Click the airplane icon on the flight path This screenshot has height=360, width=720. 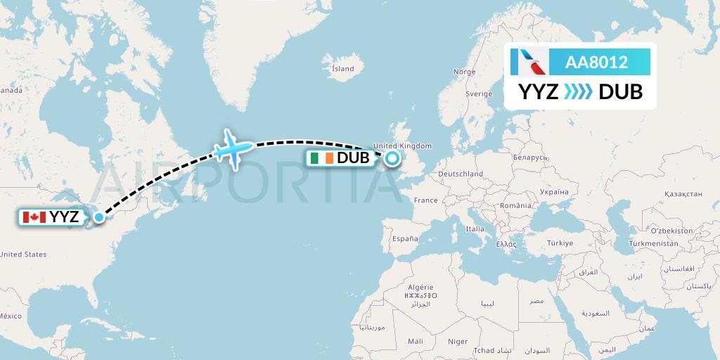tap(233, 148)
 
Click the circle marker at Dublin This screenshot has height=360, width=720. tap(391, 158)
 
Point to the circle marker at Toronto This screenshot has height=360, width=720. tap(99, 217)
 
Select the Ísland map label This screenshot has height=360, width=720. tap(343, 69)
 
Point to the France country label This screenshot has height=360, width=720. tap(425, 200)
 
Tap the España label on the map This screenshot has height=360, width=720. tap(405, 239)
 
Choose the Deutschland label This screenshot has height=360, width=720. tap(460, 174)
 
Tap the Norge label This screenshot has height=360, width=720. tap(464, 72)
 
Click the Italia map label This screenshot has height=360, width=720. tap(475, 229)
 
